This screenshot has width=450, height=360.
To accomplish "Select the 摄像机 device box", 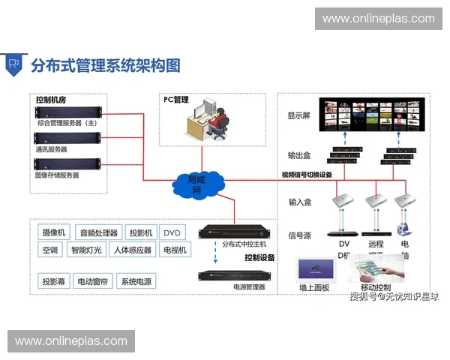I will point(54,232).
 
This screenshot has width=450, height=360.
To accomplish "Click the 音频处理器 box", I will point(99,232).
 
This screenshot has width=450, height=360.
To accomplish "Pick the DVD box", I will point(173,232).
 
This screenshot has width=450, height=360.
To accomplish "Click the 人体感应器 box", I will point(132,250).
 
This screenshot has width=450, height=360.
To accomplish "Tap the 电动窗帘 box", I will point(93,282).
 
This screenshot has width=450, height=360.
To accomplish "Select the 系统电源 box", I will point(137,282).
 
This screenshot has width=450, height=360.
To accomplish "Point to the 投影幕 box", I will point(54,282).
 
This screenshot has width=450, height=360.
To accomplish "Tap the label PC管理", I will point(176,100).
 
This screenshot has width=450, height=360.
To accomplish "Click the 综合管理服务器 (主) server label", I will point(67,121).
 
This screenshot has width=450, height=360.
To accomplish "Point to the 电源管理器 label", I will point(249,287).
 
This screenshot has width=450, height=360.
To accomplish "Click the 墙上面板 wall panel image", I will point(315,269).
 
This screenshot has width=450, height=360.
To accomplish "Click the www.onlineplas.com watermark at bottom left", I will point(71,341).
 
